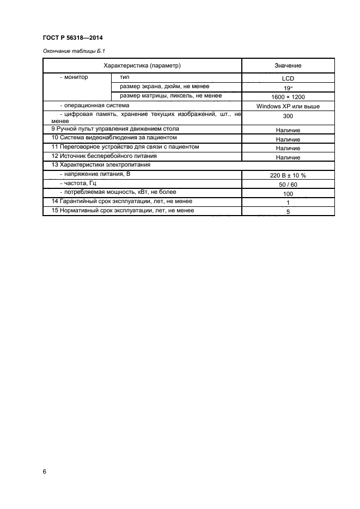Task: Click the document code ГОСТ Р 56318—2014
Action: tap(72, 38)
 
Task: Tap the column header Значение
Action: tap(288, 65)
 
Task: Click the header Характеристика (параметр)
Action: tap(142, 65)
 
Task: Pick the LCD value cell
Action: tap(288, 78)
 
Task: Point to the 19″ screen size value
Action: tap(288, 87)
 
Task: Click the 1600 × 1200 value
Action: tap(288, 96)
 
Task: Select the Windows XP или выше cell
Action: tap(288, 106)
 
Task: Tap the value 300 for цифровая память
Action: tap(288, 116)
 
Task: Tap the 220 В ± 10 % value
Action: tap(288, 175)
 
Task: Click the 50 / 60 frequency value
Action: tap(288, 185)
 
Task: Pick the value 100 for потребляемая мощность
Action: tap(288, 194)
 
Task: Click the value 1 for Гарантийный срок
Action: tap(288, 203)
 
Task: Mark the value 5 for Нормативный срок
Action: tap(288, 212)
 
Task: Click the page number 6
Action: tap(44, 471)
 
